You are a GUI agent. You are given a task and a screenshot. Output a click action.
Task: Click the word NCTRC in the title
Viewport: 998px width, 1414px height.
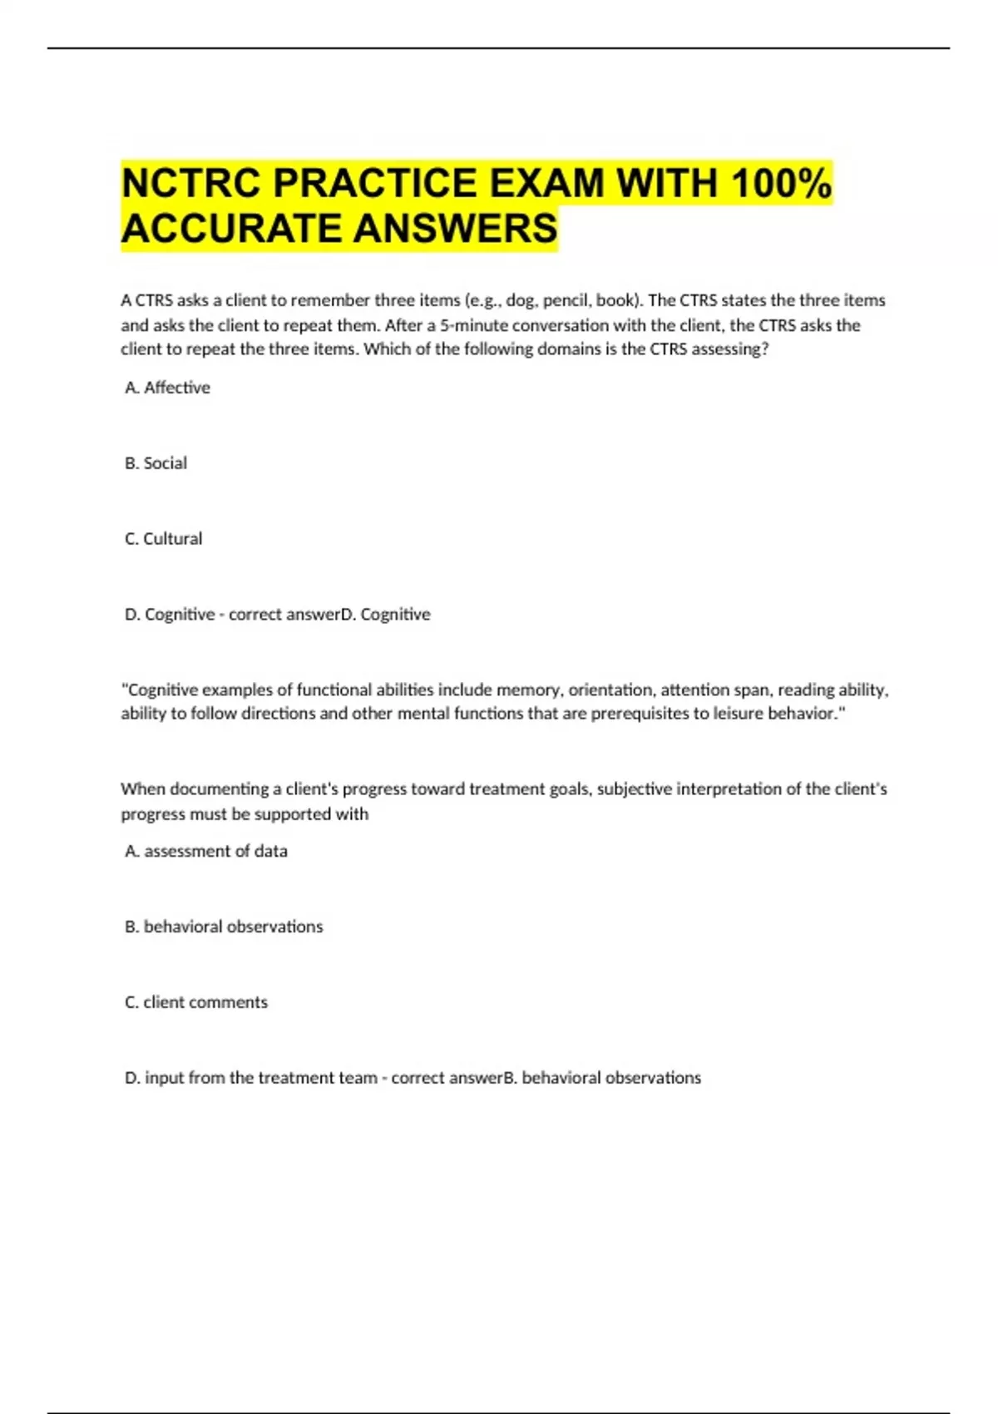coord(192,184)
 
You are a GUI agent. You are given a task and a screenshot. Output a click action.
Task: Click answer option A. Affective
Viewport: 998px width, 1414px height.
coord(167,388)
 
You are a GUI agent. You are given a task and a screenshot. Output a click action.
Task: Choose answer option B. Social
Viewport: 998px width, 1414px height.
coord(156,463)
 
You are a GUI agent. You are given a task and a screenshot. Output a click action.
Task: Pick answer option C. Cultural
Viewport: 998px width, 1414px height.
coord(163,539)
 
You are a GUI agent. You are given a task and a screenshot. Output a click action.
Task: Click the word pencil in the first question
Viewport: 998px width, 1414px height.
coord(566,300)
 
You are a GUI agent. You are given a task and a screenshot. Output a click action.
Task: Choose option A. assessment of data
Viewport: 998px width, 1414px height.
coord(205,851)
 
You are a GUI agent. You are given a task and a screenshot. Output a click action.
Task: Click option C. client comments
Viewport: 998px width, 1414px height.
coord(196,1002)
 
